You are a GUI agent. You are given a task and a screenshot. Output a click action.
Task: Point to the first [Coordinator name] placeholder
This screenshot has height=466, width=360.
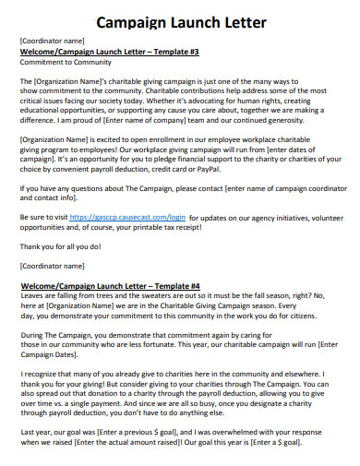[52, 42]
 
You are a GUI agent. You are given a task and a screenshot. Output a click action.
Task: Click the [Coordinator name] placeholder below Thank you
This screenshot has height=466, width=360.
[52, 266]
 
